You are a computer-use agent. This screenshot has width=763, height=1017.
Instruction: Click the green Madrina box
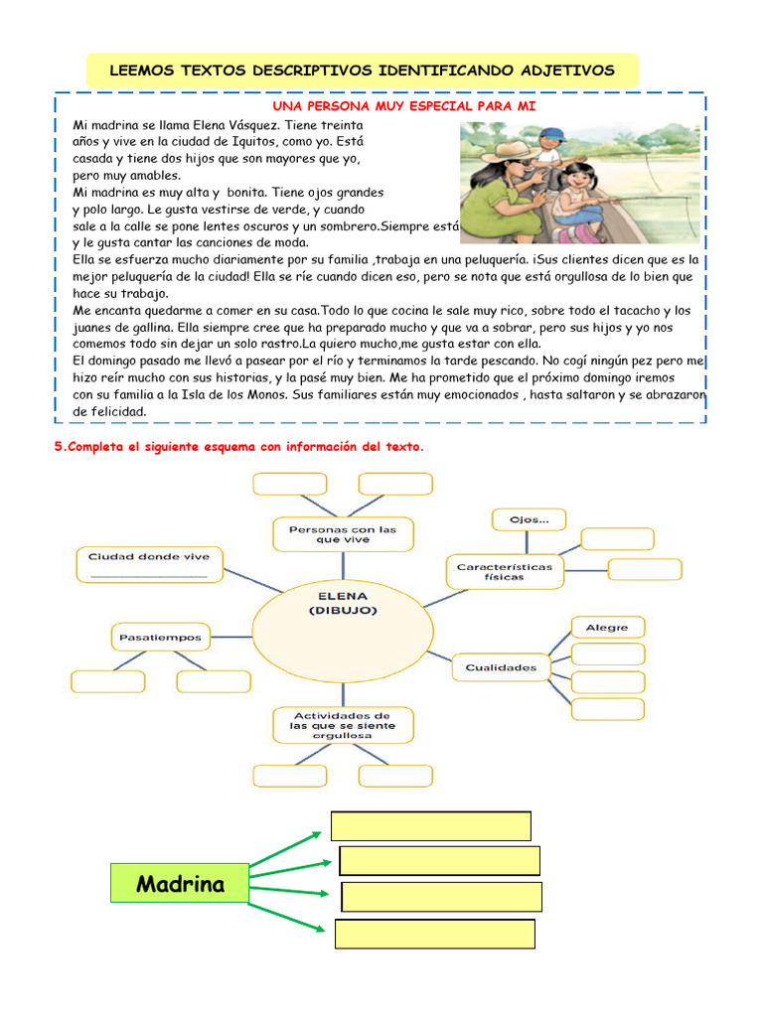[180, 883]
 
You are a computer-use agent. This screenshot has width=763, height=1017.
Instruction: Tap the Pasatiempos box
[160, 638]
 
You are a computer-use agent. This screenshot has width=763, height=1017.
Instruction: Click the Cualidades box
[501, 667]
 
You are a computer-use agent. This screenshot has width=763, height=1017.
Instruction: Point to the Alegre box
[607, 628]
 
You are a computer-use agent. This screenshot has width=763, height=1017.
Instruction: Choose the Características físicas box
[505, 571]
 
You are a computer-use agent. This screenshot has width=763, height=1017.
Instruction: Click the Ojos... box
[524, 519]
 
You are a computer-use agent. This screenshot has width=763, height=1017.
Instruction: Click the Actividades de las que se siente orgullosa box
[344, 725]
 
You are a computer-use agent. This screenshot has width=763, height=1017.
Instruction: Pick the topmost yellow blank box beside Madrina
[430, 826]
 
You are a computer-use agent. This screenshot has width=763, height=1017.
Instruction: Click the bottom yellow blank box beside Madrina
[435, 934]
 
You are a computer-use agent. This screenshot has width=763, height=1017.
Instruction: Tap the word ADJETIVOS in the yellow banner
[560, 71]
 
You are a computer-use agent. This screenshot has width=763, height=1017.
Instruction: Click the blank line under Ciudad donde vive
[149, 576]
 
